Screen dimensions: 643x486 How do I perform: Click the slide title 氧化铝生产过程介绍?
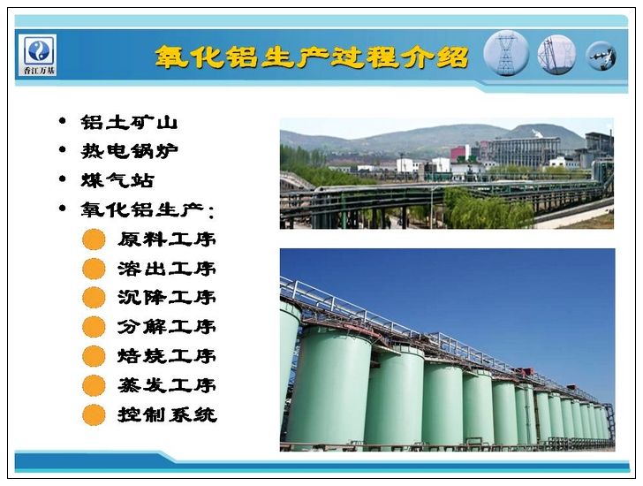[312, 57]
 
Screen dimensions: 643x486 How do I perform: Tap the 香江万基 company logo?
[37, 55]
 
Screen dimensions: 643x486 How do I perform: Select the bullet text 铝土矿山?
[129, 122]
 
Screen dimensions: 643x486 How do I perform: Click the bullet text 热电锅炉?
[129, 151]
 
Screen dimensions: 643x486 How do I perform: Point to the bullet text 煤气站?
[117, 180]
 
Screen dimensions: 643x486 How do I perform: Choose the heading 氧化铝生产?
[148, 209]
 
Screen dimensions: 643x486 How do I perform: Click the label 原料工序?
[167, 239]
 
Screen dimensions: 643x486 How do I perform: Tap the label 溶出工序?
[167, 269]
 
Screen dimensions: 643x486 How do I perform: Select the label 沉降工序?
[167, 298]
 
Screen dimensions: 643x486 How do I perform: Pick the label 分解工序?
[167, 327]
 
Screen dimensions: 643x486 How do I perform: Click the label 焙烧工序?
[167, 356]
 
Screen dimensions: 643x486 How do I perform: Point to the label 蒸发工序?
[167, 385]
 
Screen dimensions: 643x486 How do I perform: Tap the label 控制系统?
[167, 414]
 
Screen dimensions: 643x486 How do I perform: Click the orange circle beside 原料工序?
[94, 239]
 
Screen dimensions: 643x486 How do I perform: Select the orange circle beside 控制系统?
[94, 415]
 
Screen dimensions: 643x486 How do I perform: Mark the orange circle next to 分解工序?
[94, 327]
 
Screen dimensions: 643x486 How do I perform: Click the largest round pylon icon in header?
[506, 53]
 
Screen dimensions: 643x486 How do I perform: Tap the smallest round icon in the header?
[601, 56]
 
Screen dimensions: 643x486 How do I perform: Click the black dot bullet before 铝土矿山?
[63, 121]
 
